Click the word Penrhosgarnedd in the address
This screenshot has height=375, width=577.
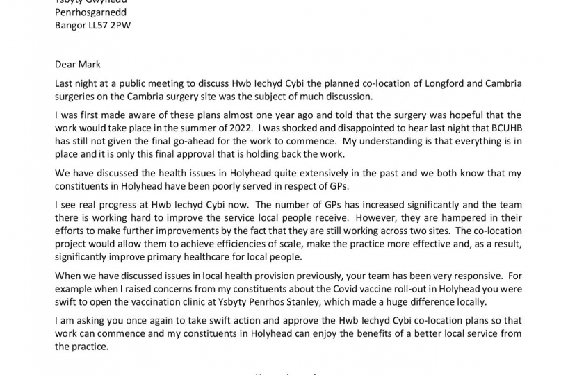pyautogui.click(x=90, y=12)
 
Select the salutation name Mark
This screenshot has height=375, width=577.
pyautogui.click(x=90, y=64)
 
